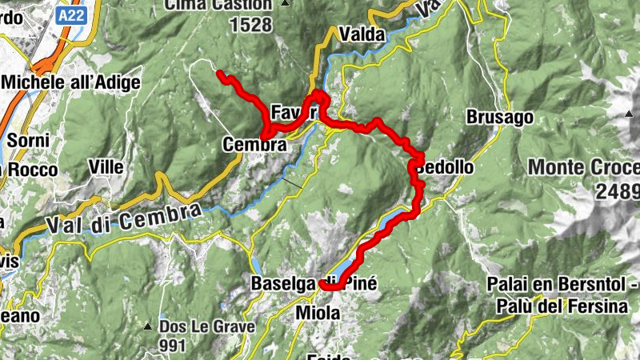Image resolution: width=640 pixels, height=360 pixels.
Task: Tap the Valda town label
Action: (362, 34)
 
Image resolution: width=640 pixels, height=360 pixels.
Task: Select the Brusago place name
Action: (500, 118)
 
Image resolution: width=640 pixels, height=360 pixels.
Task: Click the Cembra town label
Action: (254, 146)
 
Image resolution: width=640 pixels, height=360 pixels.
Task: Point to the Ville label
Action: (107, 167)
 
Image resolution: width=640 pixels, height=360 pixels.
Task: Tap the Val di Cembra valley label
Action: (122, 218)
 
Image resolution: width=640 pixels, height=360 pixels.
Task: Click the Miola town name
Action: (318, 312)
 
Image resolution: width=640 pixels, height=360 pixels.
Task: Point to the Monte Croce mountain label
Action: (583, 169)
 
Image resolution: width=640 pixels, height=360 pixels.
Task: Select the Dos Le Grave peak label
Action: (206, 326)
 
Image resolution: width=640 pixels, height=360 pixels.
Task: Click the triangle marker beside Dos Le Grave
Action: (148, 327)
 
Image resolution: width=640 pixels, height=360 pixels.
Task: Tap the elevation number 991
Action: (172, 346)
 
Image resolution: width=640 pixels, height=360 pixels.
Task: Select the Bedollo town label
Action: (446, 169)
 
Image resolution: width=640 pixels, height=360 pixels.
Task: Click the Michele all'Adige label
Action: (71, 82)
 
